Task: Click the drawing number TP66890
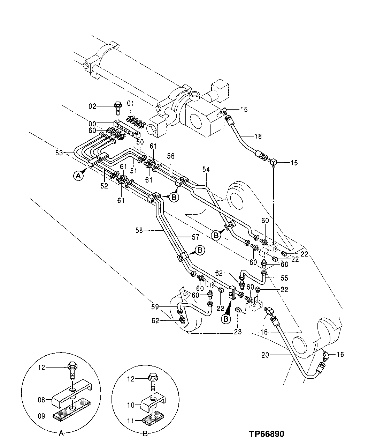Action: [x=267, y=434]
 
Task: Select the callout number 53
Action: [x=60, y=152]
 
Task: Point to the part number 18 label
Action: [x=258, y=136]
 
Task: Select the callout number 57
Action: [x=195, y=237]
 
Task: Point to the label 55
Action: [x=284, y=278]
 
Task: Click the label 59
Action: [x=155, y=307]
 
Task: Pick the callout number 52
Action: [x=104, y=186]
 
